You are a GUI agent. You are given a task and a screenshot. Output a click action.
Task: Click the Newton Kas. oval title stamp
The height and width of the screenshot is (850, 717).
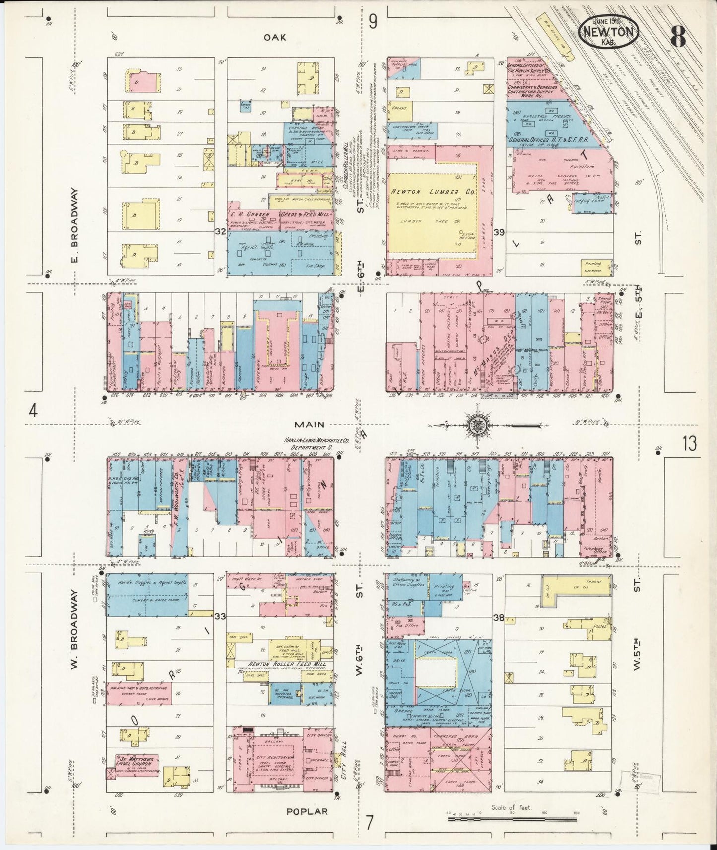point(608,31)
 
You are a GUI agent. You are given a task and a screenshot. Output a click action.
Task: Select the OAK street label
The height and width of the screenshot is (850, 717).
point(274,37)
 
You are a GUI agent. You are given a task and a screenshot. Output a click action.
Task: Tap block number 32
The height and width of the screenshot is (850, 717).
point(220,231)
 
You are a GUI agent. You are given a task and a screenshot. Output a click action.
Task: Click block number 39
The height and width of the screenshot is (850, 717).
point(499,232)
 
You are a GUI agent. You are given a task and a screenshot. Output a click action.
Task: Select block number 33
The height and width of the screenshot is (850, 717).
point(220,616)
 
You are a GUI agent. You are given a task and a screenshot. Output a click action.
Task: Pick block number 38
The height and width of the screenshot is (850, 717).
point(499,618)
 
